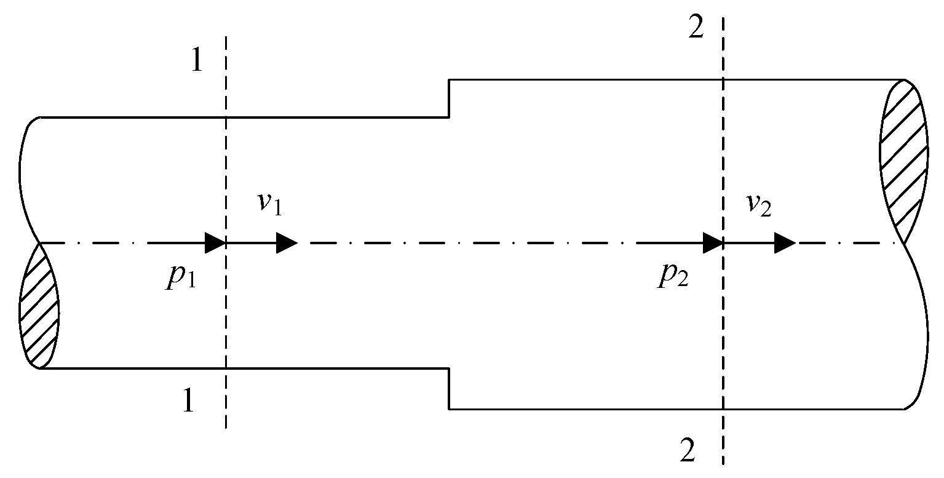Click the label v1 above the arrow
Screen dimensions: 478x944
269,204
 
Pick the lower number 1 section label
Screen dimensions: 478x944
188,402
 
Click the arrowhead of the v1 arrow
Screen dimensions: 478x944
287,243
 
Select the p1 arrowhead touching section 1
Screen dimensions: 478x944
215,243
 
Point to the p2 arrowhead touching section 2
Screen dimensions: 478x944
713,243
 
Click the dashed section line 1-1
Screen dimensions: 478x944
226,154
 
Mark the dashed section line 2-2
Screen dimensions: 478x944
723,338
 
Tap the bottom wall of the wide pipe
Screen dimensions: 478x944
584,408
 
